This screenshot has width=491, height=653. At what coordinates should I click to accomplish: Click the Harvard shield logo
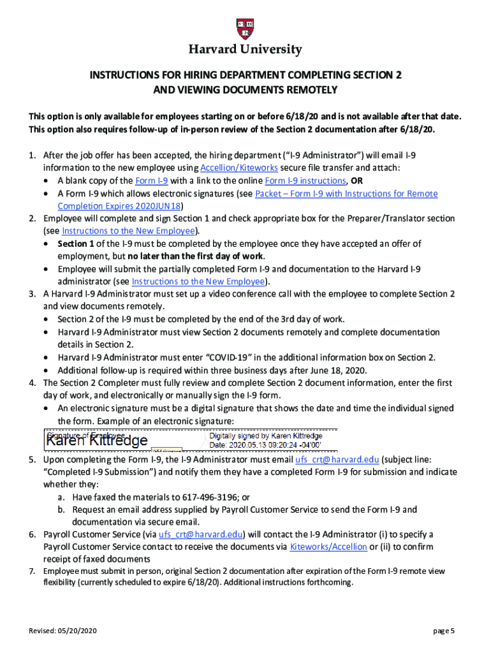pyautogui.click(x=245, y=29)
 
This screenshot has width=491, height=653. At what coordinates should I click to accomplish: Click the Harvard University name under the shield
pyautogui.click(x=245, y=50)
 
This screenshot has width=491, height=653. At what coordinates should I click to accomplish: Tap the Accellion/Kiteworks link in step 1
pyautogui.click(x=239, y=168)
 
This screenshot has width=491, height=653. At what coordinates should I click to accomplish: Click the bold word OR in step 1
pyautogui.click(x=357, y=180)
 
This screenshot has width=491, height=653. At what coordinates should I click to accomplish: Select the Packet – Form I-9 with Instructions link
pyautogui.click(x=346, y=193)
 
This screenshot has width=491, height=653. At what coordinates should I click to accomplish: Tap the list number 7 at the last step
pyautogui.click(x=31, y=571)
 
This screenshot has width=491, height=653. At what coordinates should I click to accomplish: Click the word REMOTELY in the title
pyautogui.click(x=307, y=90)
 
